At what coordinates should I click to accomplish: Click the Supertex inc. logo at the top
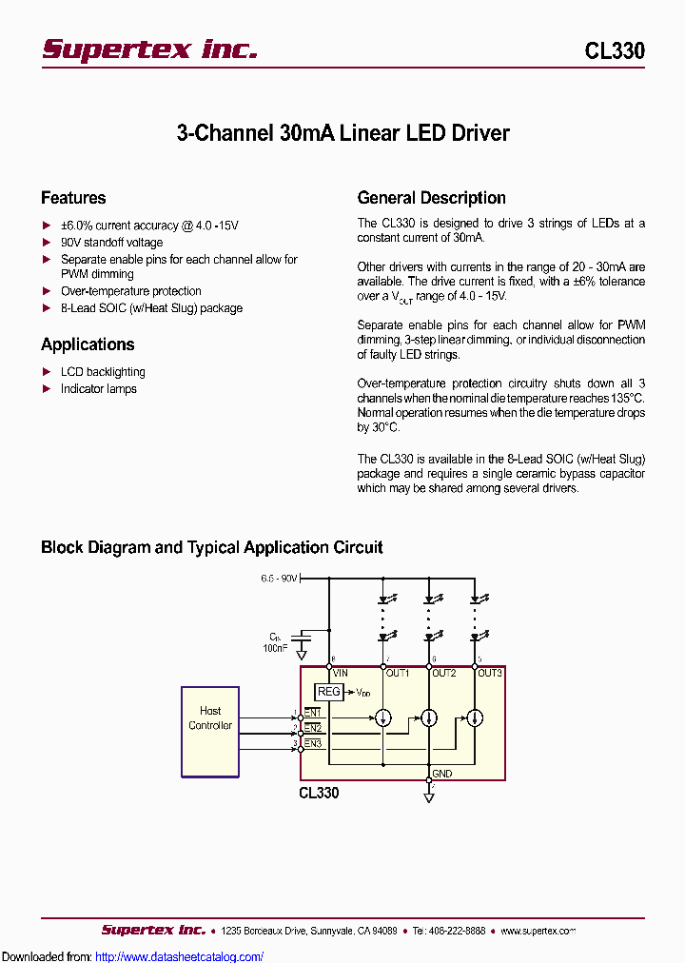pyautogui.click(x=149, y=49)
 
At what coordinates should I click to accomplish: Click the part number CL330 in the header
pyautogui.click(x=614, y=51)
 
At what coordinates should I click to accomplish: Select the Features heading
pyautogui.click(x=73, y=198)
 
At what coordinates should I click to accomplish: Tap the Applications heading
pyautogui.click(x=88, y=344)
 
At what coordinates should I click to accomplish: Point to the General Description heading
pyautogui.click(x=431, y=198)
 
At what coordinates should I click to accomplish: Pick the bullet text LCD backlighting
pyautogui.click(x=103, y=372)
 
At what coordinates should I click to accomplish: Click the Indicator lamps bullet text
pyautogui.click(x=99, y=389)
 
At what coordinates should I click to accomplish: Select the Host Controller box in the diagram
pyautogui.click(x=210, y=730)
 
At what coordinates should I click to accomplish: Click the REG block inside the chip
pyautogui.click(x=328, y=692)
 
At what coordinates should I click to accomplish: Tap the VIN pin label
pyautogui.click(x=341, y=673)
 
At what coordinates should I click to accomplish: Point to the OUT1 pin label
pyautogui.click(x=397, y=673)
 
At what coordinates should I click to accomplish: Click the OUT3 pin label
pyautogui.click(x=489, y=673)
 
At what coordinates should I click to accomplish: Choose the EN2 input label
pyautogui.click(x=313, y=728)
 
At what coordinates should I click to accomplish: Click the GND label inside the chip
pyautogui.click(x=442, y=774)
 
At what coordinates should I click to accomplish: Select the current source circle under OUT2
pyautogui.click(x=429, y=717)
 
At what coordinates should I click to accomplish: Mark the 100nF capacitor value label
pyautogui.click(x=276, y=648)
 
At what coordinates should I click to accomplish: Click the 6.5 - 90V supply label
pyautogui.click(x=280, y=579)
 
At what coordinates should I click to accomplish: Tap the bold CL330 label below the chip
pyautogui.click(x=319, y=792)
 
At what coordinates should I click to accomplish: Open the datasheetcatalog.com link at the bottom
pyautogui.click(x=180, y=956)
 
